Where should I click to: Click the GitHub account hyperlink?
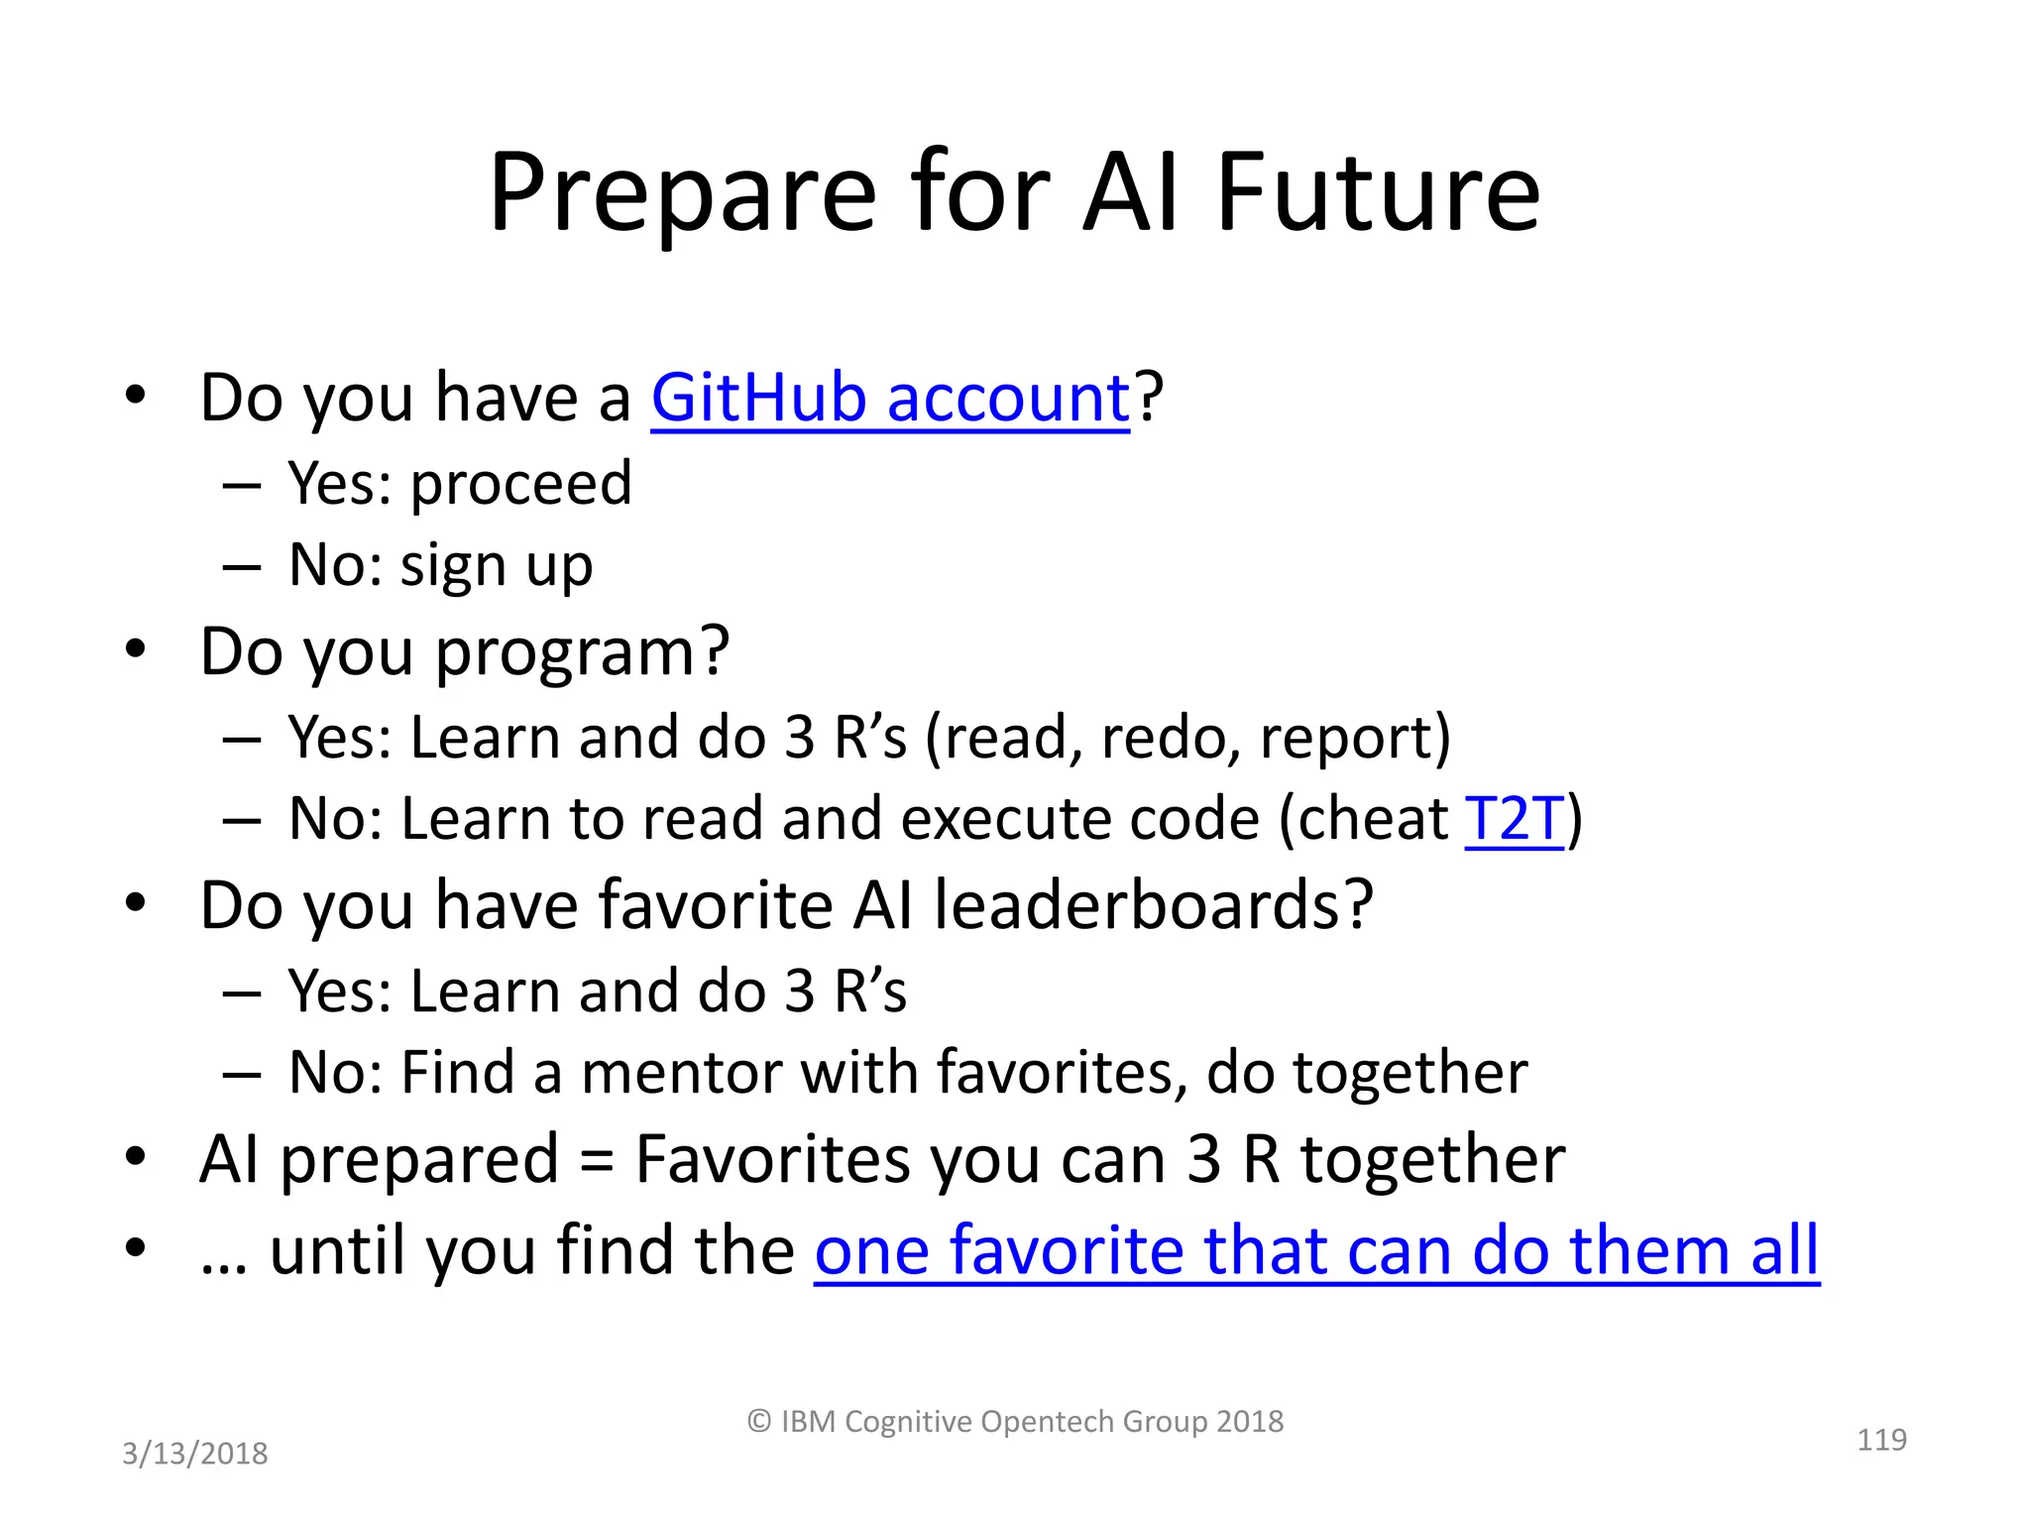[x=889, y=398]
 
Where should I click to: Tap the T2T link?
[x=1514, y=819]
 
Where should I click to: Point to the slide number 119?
[x=1880, y=1439]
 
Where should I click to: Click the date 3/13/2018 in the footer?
[x=194, y=1454]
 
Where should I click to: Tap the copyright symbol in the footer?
[x=758, y=1422]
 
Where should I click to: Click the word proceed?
[x=520, y=484]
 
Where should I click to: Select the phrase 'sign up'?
[x=496, y=566]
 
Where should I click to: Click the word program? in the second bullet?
[x=582, y=652]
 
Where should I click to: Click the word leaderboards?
[x=1153, y=905]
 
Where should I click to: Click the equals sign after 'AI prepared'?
[x=596, y=1160]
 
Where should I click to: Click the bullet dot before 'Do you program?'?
[x=136, y=649]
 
